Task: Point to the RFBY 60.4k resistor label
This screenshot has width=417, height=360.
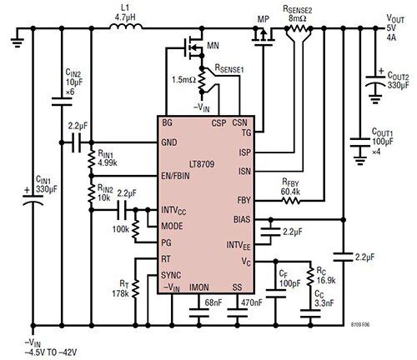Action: point(293,187)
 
